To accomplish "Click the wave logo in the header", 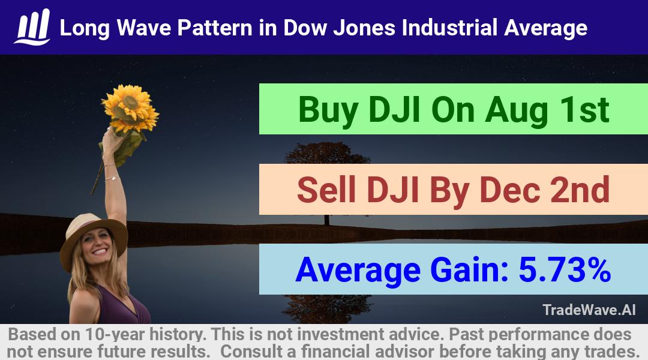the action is point(32,27).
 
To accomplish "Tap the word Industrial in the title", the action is point(449,28).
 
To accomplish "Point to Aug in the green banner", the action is point(517,110).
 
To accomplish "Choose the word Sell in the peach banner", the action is point(326,189).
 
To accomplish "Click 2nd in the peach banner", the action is point(580,189).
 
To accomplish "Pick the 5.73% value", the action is point(565,269).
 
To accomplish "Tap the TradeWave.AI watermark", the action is point(589,310).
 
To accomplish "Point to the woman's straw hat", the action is point(94,239).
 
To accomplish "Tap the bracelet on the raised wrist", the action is point(112,178).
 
